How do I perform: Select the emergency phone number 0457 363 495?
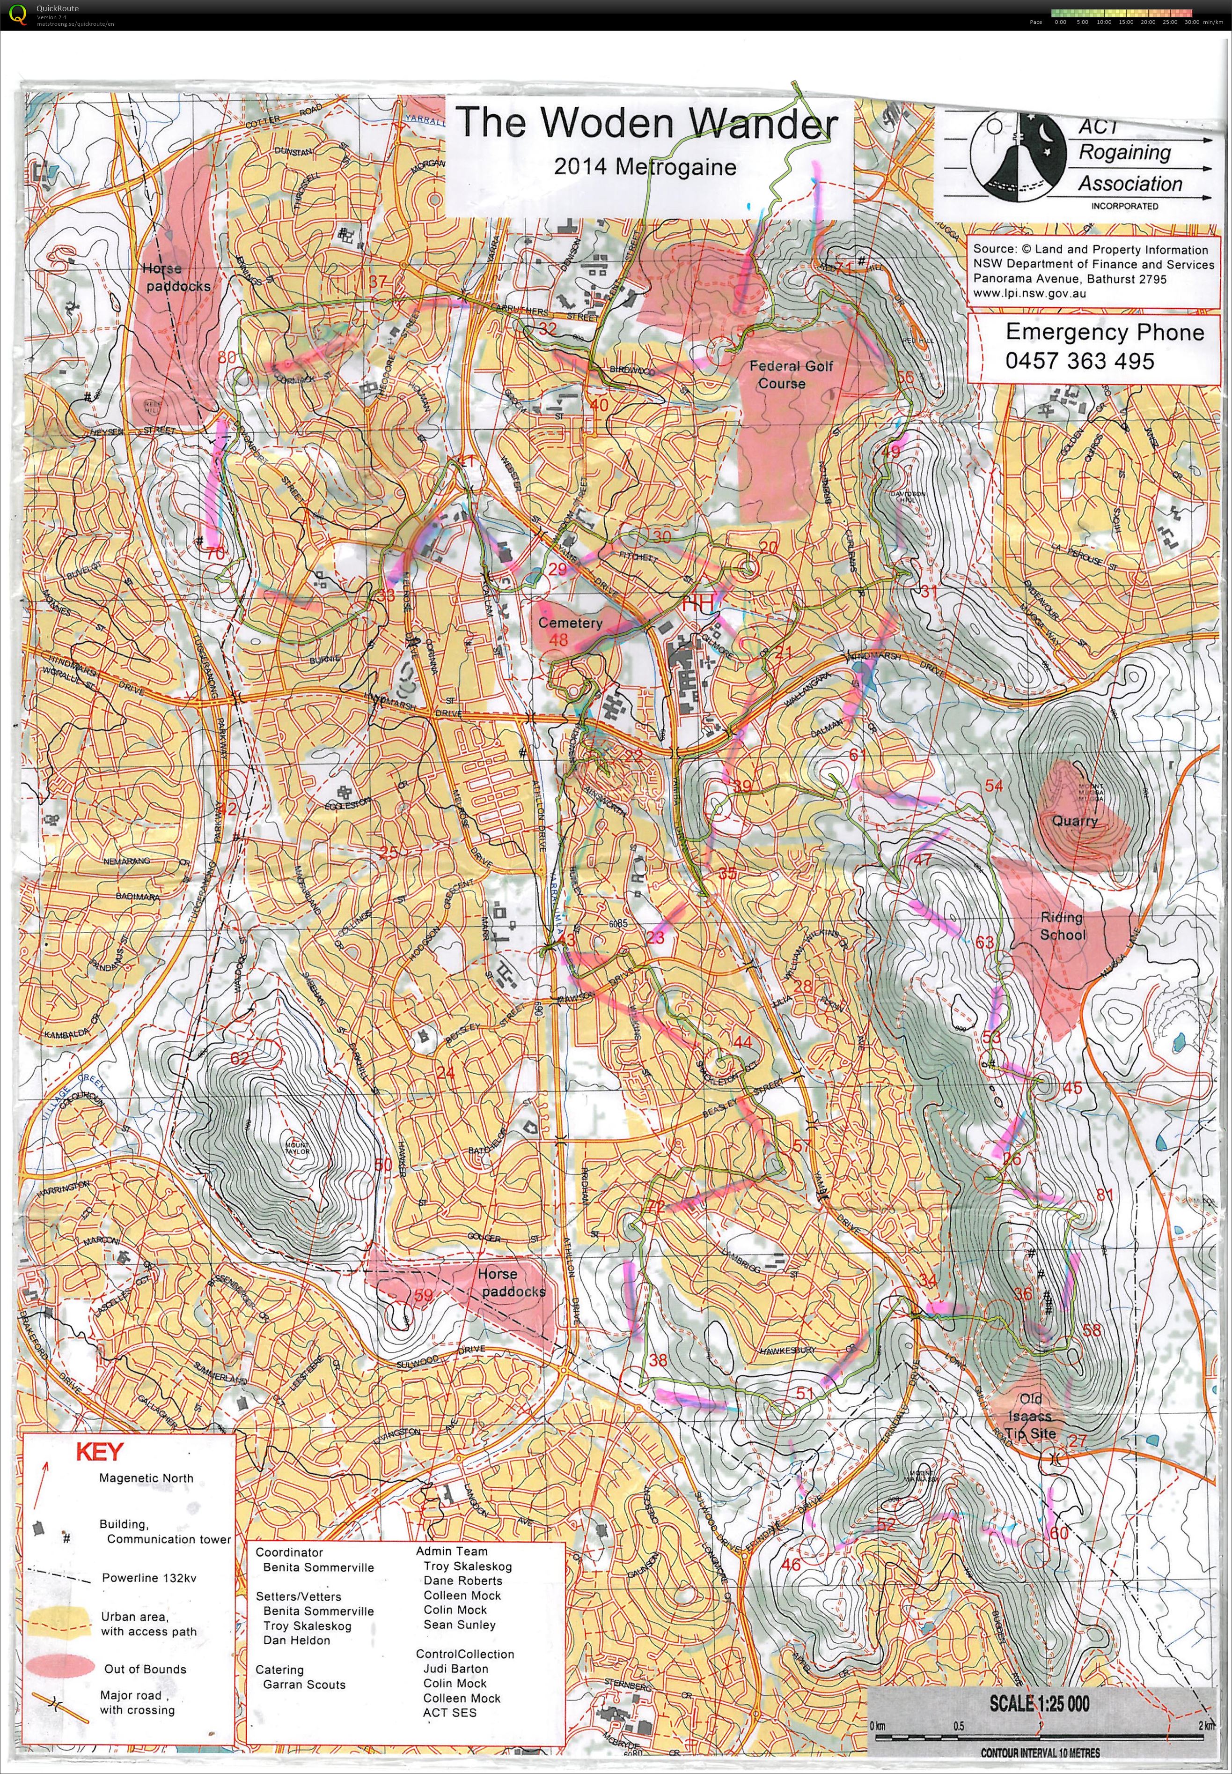(x=1079, y=361)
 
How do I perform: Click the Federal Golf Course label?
(x=791, y=375)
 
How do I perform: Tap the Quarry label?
(x=1075, y=820)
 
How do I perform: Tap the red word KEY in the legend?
(x=99, y=1452)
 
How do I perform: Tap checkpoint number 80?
(x=226, y=357)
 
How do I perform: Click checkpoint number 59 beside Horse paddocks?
(x=423, y=1295)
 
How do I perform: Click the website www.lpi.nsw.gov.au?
(x=1030, y=293)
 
